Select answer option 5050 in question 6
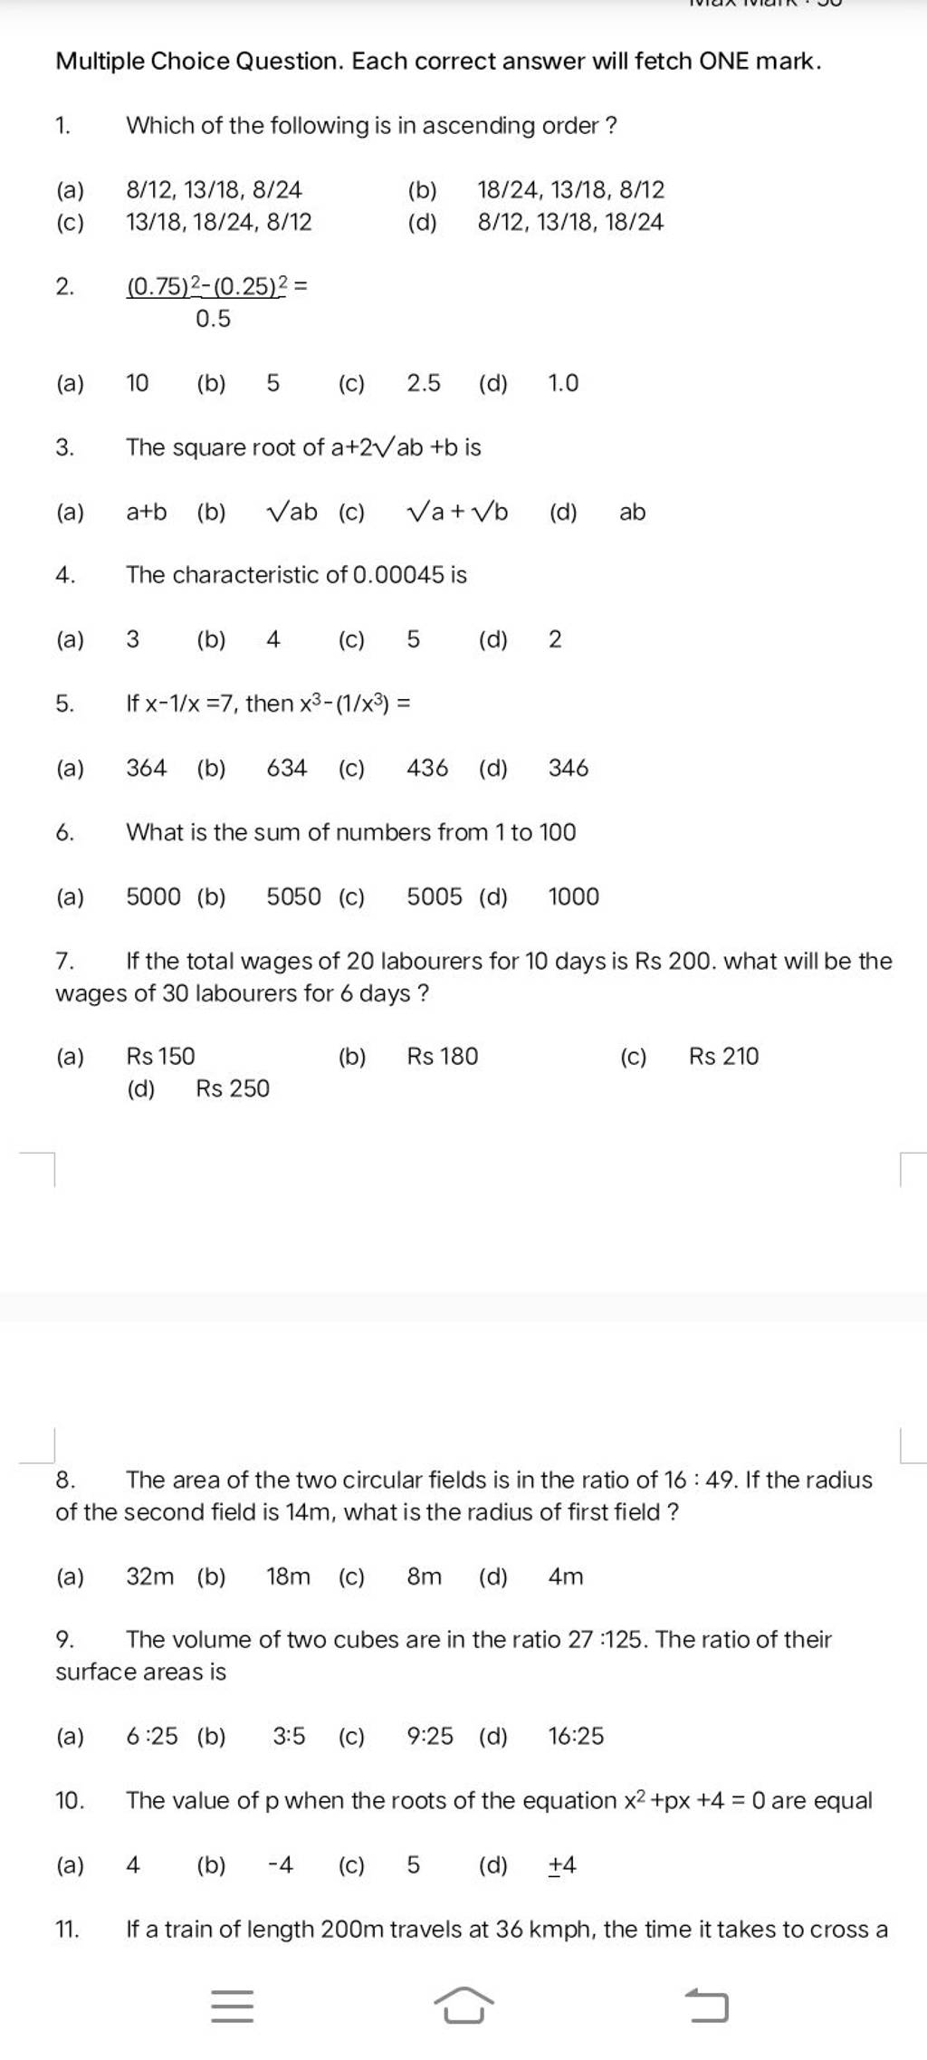[293, 896]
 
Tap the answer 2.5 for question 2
[424, 383]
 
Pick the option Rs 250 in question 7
[233, 1088]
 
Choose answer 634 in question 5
[287, 768]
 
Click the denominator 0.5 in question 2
[213, 319]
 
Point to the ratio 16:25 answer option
[576, 1736]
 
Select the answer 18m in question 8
[288, 1576]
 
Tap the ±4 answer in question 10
[562, 1864]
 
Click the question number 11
[68, 1929]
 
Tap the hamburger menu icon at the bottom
[232, 2007]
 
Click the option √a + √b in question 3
[458, 513]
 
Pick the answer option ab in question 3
[632, 513]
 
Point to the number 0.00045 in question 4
[398, 575]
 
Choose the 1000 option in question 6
[573, 896]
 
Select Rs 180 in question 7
[442, 1056]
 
